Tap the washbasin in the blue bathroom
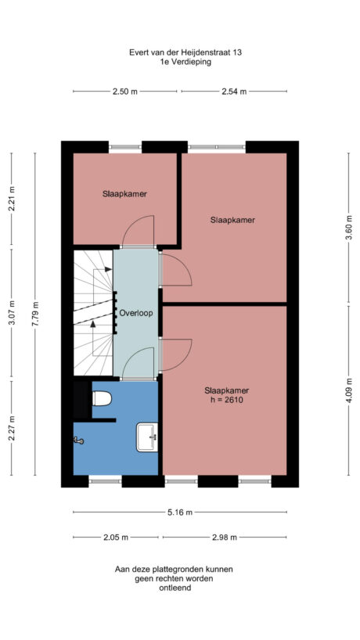(x=146, y=437)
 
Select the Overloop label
(x=136, y=313)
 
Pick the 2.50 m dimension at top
(x=124, y=92)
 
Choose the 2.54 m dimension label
(x=233, y=92)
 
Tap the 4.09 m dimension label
(x=348, y=390)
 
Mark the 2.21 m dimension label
(x=11, y=200)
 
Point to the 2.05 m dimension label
(x=117, y=538)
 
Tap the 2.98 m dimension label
(x=224, y=538)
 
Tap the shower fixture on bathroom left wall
(x=78, y=440)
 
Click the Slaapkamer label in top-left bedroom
(x=124, y=193)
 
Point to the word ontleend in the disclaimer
(x=174, y=588)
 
